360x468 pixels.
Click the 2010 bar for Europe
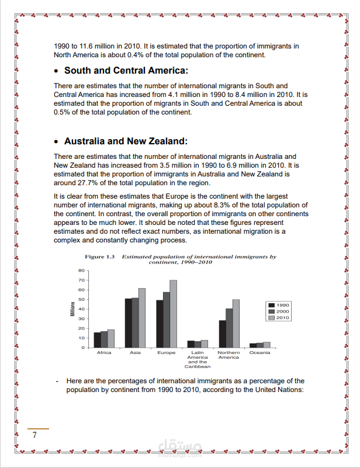[173, 314]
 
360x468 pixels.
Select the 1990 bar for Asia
[129, 323]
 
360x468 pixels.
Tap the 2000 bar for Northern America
[229, 328]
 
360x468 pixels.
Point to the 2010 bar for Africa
[111, 339]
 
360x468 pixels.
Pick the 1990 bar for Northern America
[222, 334]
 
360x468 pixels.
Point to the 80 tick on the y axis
[82, 271]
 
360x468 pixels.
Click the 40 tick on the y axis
[82, 309]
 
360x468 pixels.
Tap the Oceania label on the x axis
[259, 353]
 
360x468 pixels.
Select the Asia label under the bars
[135, 353]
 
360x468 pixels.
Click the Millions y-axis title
[73, 309]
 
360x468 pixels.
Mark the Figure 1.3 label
[102, 257]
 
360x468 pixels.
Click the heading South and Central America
[126, 71]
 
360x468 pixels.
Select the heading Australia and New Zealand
[126, 141]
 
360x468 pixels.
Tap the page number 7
[34, 435]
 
